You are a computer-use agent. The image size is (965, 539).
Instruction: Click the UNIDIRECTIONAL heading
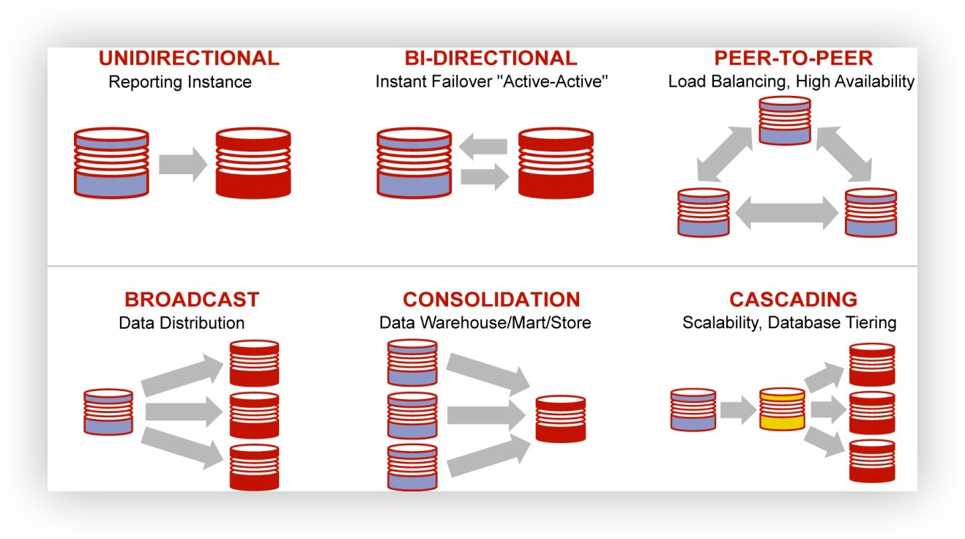tap(189, 58)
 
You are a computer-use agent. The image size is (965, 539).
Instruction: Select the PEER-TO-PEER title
tap(793, 58)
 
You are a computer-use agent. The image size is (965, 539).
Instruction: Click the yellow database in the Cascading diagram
tap(782, 409)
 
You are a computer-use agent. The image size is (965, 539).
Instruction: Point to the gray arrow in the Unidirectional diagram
tap(183, 164)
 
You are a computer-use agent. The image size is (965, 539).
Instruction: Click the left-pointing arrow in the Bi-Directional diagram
tap(483, 146)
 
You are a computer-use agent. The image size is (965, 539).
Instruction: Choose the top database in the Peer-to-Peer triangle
tap(784, 120)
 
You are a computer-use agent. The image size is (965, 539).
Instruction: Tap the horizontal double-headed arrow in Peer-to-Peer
tap(786, 212)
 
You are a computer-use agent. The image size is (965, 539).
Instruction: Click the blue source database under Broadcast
tap(108, 412)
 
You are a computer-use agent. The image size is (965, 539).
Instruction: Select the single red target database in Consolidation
tap(560, 419)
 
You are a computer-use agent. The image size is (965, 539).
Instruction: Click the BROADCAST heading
tap(192, 300)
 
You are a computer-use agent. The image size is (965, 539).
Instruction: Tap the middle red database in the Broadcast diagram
tap(254, 415)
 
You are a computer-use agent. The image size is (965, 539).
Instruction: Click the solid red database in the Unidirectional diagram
tap(253, 163)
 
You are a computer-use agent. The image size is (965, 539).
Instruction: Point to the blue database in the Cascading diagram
tap(693, 409)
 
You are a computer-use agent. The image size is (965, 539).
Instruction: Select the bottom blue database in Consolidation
tap(412, 467)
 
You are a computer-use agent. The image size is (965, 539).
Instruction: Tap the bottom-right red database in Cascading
tap(872, 461)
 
